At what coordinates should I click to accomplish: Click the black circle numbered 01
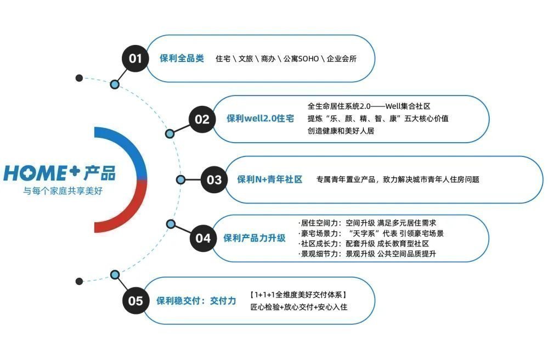(x=135, y=58)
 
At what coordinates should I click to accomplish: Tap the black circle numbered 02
(x=202, y=119)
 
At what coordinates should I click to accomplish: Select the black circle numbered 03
(x=214, y=179)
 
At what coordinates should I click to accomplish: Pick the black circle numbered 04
(x=203, y=238)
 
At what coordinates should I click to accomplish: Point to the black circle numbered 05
(x=135, y=301)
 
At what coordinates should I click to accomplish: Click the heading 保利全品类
(x=182, y=58)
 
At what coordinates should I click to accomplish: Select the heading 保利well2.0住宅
(x=261, y=119)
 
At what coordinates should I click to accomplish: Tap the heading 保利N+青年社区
(x=269, y=179)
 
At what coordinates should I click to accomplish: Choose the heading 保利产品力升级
(x=255, y=238)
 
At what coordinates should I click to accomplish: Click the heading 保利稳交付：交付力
(x=196, y=301)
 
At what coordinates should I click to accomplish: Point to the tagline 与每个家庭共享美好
(x=63, y=191)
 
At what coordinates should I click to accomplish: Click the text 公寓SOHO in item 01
(x=301, y=59)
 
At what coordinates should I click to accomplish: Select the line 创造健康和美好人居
(x=341, y=131)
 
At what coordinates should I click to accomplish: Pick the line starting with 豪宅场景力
(x=371, y=233)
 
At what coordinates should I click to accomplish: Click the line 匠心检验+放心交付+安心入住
(x=299, y=307)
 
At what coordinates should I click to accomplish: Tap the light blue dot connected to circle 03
(x=180, y=179)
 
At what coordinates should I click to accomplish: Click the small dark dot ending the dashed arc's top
(x=80, y=78)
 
